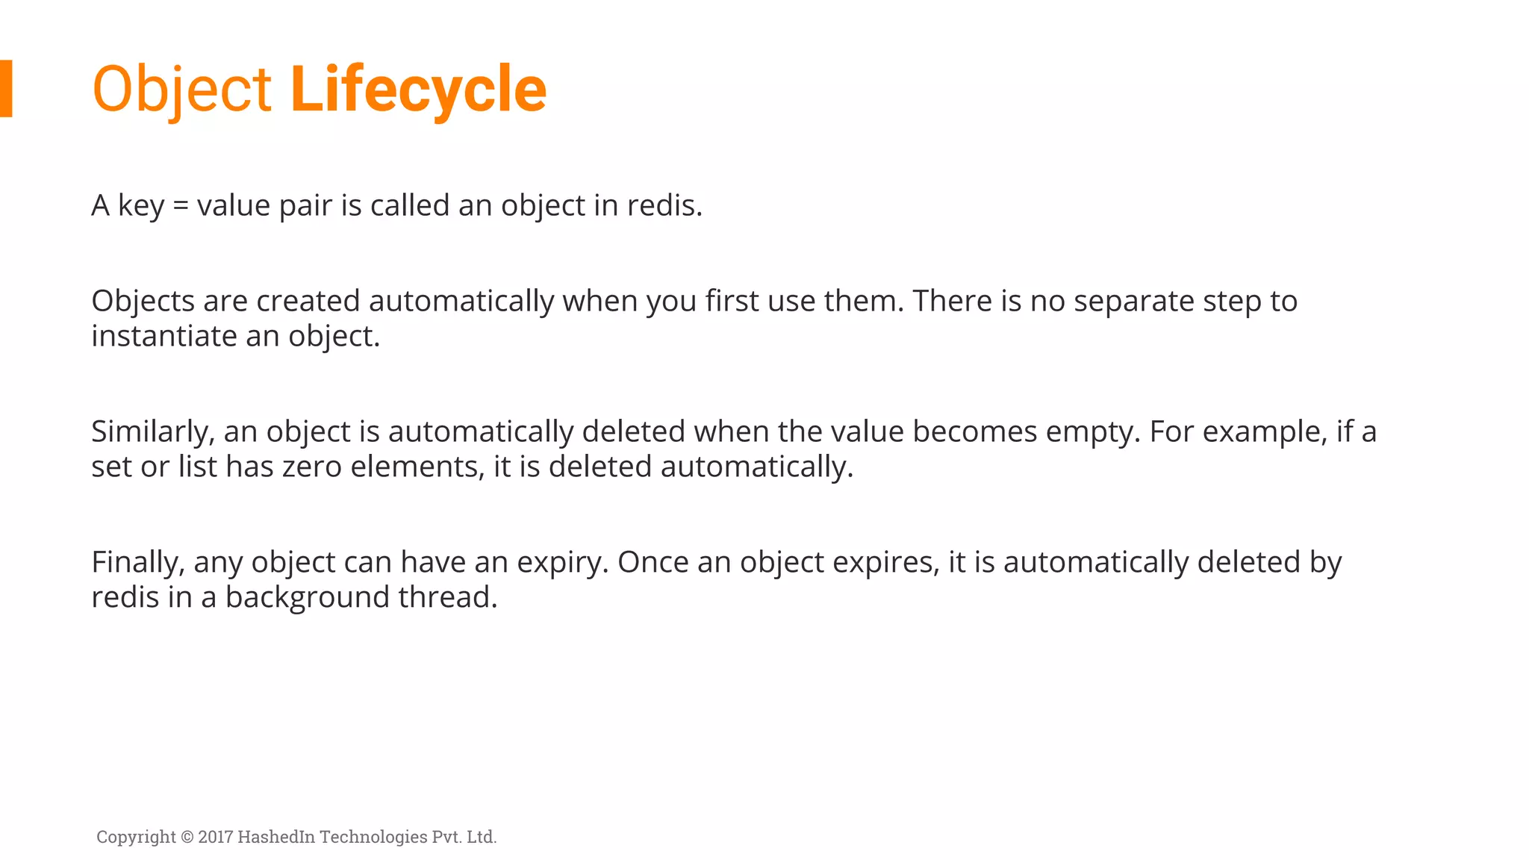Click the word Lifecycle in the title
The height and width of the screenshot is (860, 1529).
coord(418,90)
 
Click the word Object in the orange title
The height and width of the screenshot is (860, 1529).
coord(181,90)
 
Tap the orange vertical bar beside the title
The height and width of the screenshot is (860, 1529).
coord(6,88)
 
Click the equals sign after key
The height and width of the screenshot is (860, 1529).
coord(180,206)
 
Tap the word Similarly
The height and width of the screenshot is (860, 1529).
coord(152,432)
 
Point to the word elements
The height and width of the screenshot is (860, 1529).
coord(417,467)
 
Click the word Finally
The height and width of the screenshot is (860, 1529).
coord(137,563)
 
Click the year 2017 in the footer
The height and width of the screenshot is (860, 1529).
coord(216,837)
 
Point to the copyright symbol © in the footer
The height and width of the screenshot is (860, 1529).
coord(187,837)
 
